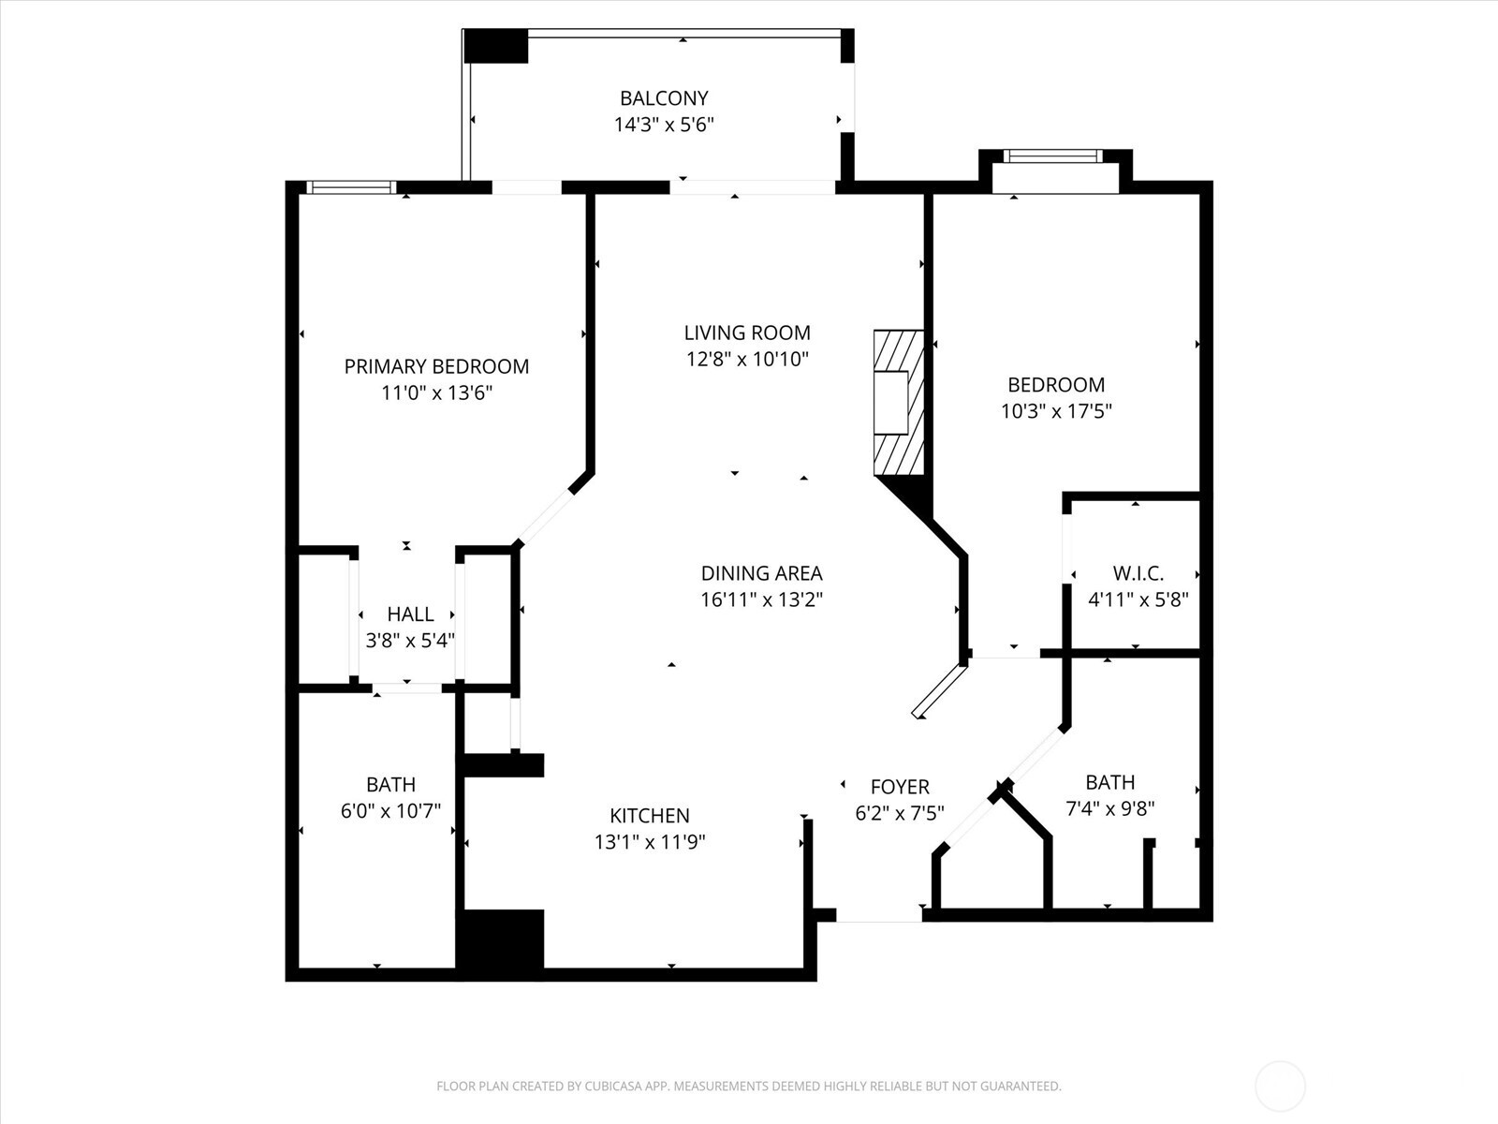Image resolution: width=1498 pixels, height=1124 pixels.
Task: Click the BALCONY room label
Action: click(x=664, y=97)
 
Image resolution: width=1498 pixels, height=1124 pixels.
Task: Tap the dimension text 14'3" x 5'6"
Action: click(x=664, y=125)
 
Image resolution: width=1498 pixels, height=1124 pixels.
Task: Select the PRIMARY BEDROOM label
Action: click(x=436, y=366)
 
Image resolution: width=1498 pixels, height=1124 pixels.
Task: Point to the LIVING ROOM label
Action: click(x=746, y=333)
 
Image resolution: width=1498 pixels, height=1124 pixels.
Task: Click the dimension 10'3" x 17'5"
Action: click(x=1056, y=411)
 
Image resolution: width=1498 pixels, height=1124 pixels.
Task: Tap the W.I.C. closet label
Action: click(x=1138, y=573)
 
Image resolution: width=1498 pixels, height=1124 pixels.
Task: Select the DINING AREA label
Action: click(x=761, y=573)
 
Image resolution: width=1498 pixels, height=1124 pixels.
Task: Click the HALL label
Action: click(x=410, y=614)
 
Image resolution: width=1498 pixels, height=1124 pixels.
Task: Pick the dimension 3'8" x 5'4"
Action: click(x=410, y=641)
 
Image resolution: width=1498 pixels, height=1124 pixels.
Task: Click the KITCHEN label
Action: click(x=649, y=816)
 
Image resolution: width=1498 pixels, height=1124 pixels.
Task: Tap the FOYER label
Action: click(x=899, y=787)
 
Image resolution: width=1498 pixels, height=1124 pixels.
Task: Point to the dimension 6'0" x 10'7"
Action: click(x=390, y=811)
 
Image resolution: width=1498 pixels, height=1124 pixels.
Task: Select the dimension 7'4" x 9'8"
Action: click(x=1109, y=808)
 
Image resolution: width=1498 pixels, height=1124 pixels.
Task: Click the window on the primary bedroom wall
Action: click(x=352, y=187)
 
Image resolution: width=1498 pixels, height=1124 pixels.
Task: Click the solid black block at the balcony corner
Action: click(x=496, y=46)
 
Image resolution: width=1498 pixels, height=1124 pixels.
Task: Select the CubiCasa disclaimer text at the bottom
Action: click(x=748, y=1087)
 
